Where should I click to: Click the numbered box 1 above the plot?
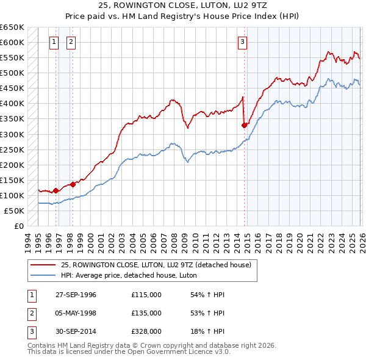pyautogui.click(x=54, y=42)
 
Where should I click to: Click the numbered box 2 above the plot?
pyautogui.click(x=71, y=42)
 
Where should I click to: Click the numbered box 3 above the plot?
pyautogui.click(x=242, y=42)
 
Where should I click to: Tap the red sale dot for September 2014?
pyautogui.click(x=245, y=125)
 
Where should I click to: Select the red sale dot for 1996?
pyautogui.click(x=56, y=190)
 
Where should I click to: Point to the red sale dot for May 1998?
pyautogui.click(x=73, y=184)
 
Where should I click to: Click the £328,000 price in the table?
pyautogui.click(x=146, y=332)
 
